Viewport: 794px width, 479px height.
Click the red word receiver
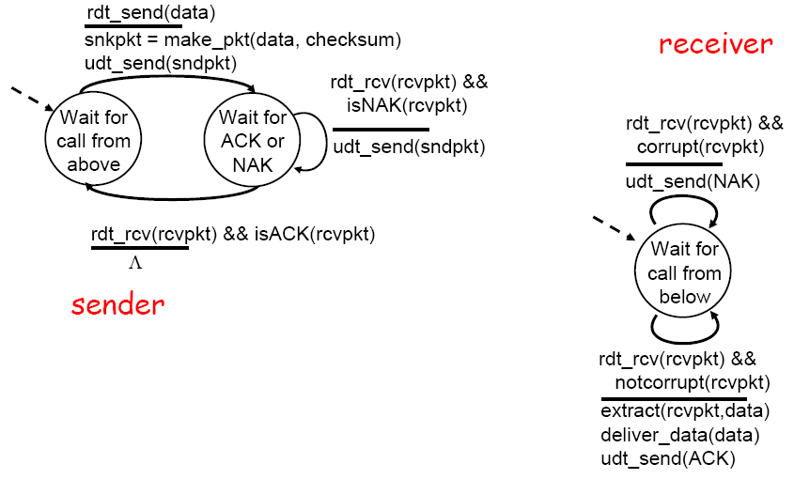(715, 43)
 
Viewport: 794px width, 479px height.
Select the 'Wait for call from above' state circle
(94, 141)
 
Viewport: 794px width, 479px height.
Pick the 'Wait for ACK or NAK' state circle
(254, 141)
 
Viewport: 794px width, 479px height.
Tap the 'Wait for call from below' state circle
(684, 273)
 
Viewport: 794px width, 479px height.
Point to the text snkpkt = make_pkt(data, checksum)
(236, 39)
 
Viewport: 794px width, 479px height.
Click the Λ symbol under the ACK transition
(135, 262)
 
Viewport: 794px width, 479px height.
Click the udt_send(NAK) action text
(693, 180)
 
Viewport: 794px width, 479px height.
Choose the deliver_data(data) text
(679, 434)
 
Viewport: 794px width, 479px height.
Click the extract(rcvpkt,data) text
(685, 411)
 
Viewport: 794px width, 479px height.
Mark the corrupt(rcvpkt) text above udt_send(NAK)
(700, 147)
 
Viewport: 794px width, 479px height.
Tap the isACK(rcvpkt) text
(314, 234)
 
